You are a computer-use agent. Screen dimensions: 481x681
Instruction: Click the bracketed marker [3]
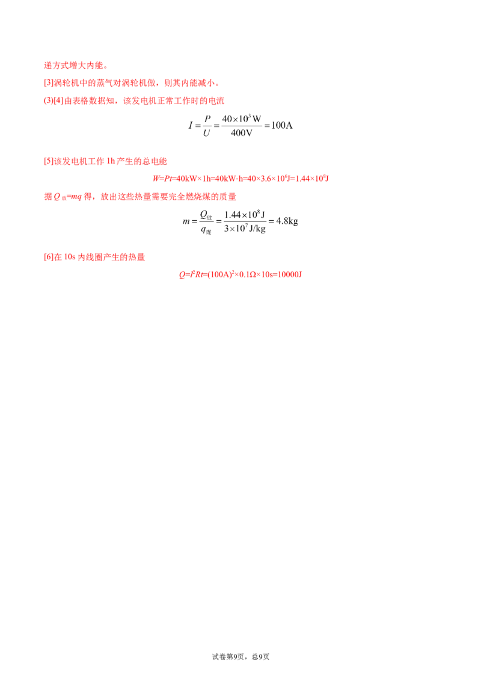click(x=49, y=83)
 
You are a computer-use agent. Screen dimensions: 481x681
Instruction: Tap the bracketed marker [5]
click(x=49, y=161)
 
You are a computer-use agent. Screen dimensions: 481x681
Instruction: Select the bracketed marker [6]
click(x=49, y=257)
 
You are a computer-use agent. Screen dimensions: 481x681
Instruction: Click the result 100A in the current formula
click(x=282, y=126)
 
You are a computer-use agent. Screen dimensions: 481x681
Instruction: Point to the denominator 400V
click(x=241, y=133)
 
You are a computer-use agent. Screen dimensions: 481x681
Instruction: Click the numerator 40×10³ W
click(x=241, y=119)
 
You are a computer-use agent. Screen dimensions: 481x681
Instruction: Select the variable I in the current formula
click(x=190, y=126)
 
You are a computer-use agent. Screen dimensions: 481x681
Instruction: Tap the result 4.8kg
click(x=287, y=221)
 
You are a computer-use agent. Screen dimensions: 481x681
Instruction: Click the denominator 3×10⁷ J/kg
click(x=244, y=229)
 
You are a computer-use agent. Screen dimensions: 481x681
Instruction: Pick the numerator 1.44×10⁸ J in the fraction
click(x=244, y=215)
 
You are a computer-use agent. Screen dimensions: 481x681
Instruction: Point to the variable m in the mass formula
click(x=186, y=221)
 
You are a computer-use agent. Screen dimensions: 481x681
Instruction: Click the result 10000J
click(x=290, y=274)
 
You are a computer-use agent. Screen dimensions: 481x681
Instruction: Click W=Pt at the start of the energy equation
click(x=162, y=179)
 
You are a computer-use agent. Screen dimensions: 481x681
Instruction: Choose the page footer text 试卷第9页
click(x=228, y=657)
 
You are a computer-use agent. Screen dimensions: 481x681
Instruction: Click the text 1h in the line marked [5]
click(x=111, y=161)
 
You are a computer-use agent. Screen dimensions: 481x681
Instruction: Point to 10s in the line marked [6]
click(x=70, y=257)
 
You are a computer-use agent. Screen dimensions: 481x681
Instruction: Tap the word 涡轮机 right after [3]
click(x=66, y=83)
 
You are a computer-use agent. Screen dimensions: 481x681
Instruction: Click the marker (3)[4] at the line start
click(x=54, y=100)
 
